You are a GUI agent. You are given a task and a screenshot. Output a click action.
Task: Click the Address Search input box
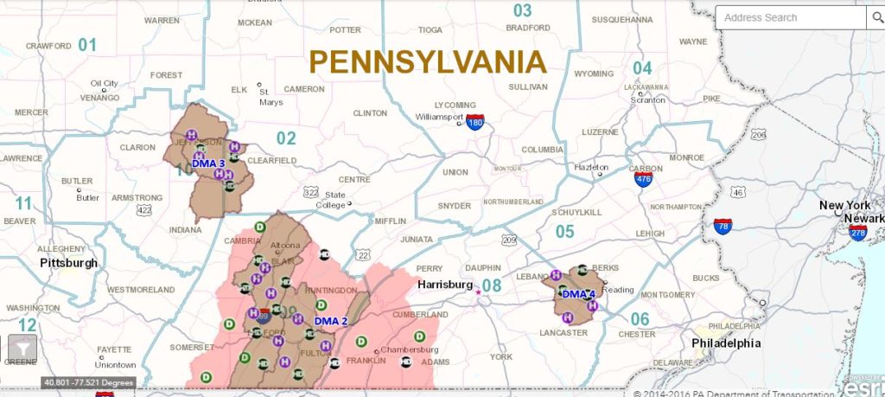(789, 17)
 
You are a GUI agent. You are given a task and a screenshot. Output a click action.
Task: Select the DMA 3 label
(208, 163)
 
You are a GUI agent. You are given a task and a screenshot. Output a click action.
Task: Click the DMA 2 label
(330, 322)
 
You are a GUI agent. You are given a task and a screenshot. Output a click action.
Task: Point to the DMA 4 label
(578, 295)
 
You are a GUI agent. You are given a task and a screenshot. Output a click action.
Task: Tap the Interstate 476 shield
(643, 179)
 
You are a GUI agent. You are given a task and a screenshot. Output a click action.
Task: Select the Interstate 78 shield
(723, 227)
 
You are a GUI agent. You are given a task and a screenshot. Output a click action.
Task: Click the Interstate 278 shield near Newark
(857, 233)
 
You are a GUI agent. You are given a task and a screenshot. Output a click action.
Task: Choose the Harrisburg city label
(444, 285)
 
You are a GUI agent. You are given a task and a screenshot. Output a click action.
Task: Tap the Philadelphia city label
(726, 343)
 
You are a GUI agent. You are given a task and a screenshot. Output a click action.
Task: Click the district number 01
(87, 45)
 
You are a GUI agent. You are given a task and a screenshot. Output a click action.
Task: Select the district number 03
(522, 11)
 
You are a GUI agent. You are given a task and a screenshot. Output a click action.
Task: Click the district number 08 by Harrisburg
(491, 285)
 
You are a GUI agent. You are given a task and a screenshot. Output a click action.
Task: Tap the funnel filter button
(22, 349)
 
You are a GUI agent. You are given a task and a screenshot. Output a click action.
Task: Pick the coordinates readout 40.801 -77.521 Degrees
(86, 382)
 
